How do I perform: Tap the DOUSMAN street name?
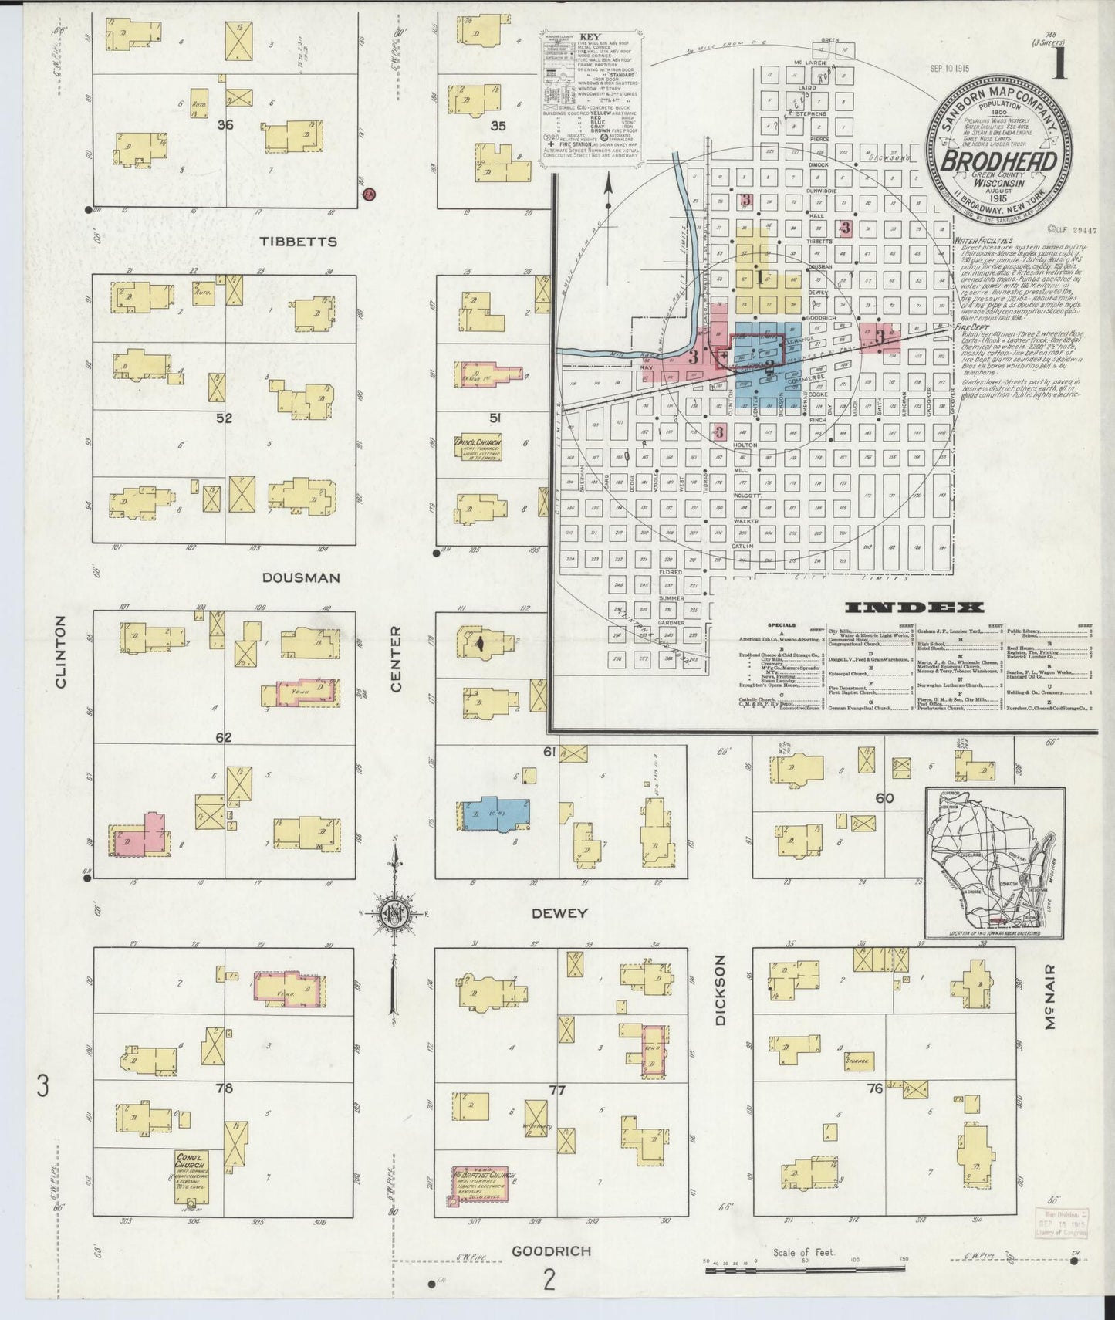(x=300, y=578)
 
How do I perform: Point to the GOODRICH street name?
(x=552, y=1251)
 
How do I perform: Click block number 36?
(x=225, y=124)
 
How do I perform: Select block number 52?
(x=224, y=419)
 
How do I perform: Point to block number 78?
(x=224, y=1089)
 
